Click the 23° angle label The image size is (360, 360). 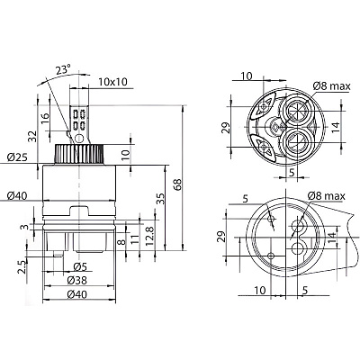[x=63, y=70]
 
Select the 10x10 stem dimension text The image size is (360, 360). [x=113, y=82]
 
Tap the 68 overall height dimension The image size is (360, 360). [x=177, y=185]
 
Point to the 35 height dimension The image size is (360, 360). [x=160, y=198]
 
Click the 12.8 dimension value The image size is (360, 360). [x=150, y=236]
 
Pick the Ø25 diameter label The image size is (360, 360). [x=18, y=157]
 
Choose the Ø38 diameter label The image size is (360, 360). [x=77, y=281]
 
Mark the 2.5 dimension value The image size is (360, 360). [x=22, y=266]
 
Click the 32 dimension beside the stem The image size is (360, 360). [x=34, y=136]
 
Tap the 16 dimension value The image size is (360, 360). [x=44, y=119]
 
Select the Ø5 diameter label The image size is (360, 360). [x=80, y=266]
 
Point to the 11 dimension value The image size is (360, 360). [x=135, y=239]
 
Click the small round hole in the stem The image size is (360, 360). [x=78, y=139]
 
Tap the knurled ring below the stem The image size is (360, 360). [x=79, y=154]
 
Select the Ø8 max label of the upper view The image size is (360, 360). [x=331, y=86]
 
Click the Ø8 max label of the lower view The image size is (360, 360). [x=327, y=196]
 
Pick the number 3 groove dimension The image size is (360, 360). [x=26, y=227]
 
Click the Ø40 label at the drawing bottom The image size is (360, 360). [x=77, y=295]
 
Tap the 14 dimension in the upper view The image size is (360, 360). [x=336, y=127]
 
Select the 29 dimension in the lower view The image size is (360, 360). [x=220, y=237]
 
